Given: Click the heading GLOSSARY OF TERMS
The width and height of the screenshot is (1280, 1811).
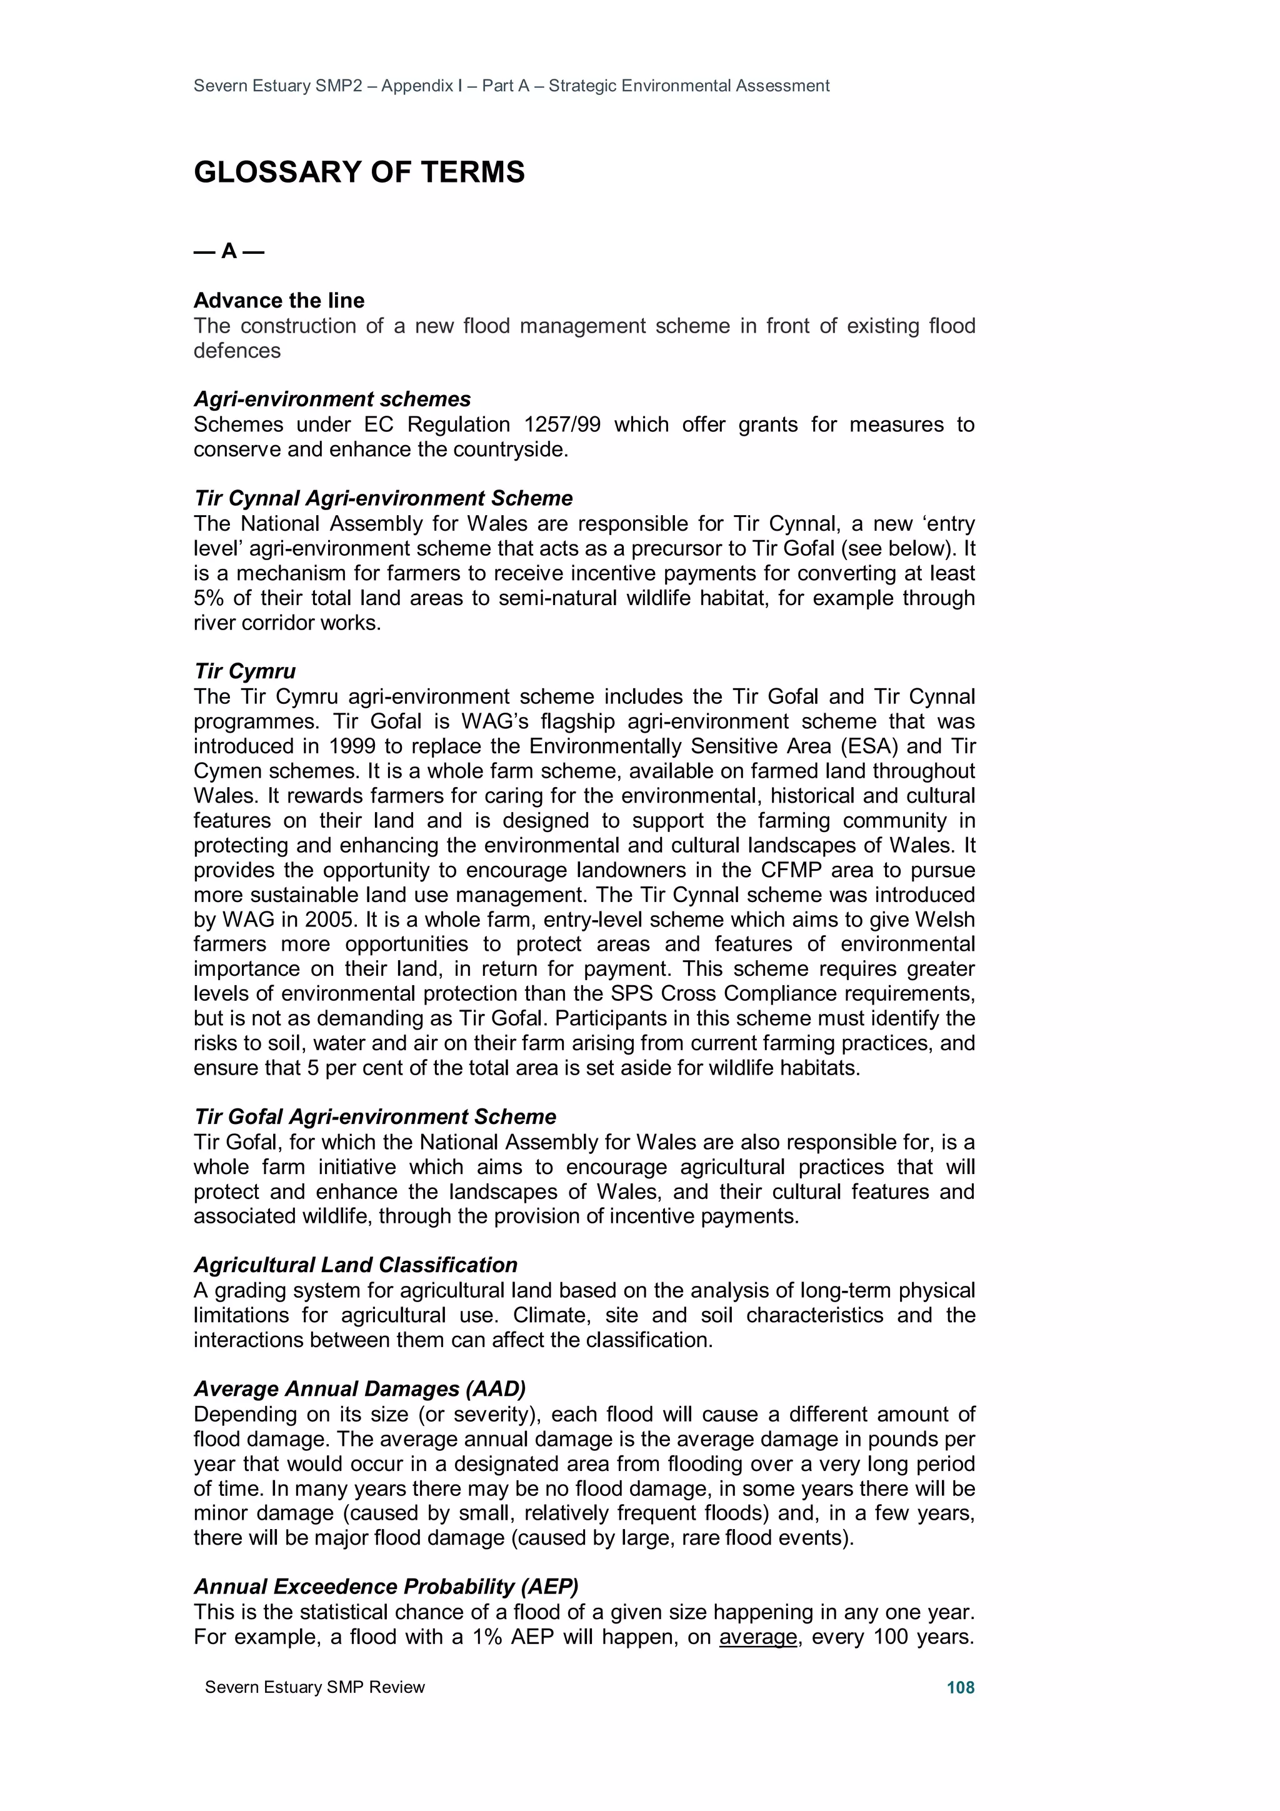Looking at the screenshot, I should [359, 173].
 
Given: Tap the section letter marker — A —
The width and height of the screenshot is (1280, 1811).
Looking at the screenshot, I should [229, 252].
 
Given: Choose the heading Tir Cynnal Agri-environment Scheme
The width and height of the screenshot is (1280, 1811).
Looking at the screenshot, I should [383, 498].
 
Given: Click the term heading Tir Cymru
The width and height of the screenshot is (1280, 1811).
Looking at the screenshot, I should [244, 671].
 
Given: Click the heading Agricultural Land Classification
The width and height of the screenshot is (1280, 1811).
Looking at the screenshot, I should [356, 1265].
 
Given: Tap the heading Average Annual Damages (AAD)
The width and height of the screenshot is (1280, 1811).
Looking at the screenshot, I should [359, 1389].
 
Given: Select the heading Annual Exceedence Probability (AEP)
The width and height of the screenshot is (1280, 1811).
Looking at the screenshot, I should [386, 1586].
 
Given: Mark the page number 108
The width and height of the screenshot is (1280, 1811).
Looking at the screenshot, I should [960, 1687].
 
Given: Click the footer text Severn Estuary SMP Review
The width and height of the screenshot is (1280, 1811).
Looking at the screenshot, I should [314, 1687].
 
